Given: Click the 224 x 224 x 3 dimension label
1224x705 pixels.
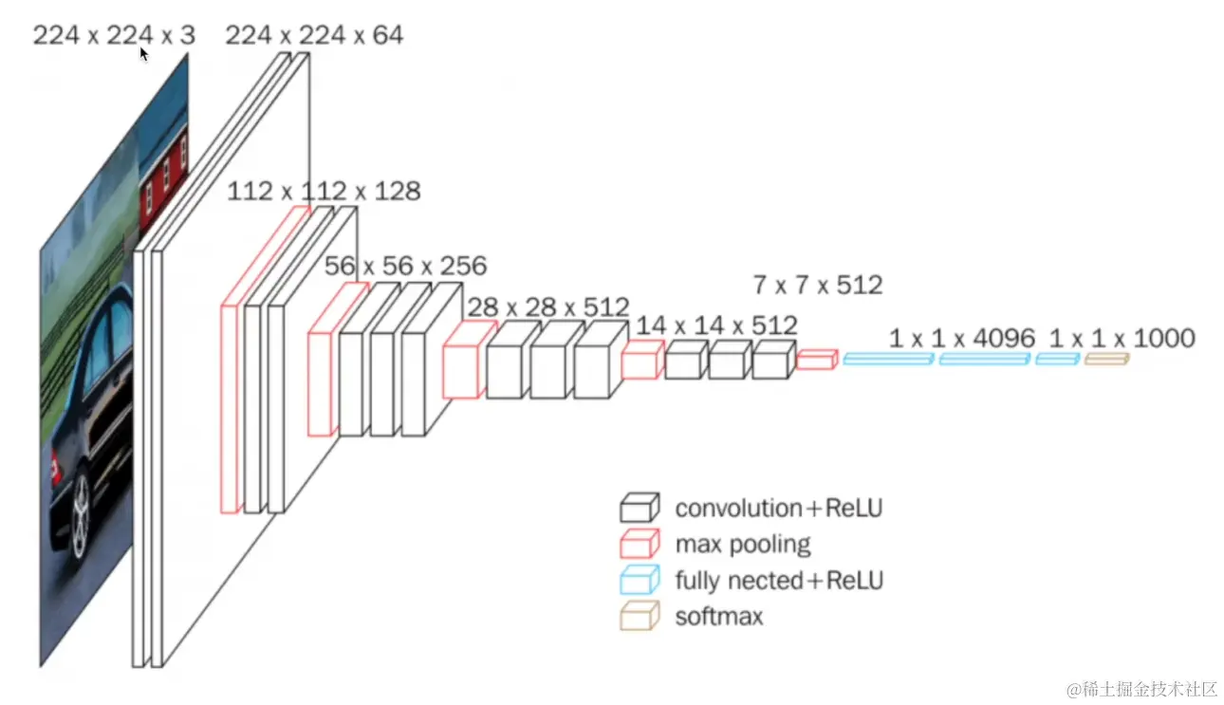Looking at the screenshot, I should click(114, 36).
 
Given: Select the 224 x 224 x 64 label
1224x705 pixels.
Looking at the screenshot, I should click(314, 36).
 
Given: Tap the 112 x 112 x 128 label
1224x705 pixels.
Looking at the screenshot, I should click(324, 191).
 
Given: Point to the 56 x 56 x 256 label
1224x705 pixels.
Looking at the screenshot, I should click(405, 266).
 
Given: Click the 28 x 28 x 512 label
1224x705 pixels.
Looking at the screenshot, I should click(547, 307).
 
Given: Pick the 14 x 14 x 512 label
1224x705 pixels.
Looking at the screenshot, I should click(716, 325).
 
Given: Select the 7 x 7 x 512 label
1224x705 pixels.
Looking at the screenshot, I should click(817, 284).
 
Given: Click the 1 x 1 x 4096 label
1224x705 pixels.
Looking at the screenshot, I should click(964, 338).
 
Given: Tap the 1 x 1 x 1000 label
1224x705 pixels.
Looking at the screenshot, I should click(1122, 338).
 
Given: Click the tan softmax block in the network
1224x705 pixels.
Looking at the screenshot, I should click(1106, 359).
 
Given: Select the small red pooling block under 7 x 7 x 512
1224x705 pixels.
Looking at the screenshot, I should click(816, 359).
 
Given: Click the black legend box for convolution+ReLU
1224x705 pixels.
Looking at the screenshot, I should click(640, 508).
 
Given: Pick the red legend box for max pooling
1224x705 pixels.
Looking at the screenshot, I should click(640, 544).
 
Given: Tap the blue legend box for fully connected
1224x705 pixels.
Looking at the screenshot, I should click(640, 580).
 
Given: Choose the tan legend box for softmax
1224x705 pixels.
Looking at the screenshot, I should click(640, 617).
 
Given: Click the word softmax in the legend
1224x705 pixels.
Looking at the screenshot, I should click(718, 617).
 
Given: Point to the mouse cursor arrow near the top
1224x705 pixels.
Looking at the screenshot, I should click(144, 54).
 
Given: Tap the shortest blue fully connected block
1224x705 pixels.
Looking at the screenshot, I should click(1057, 359).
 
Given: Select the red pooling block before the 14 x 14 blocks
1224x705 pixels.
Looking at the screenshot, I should click(641, 361).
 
